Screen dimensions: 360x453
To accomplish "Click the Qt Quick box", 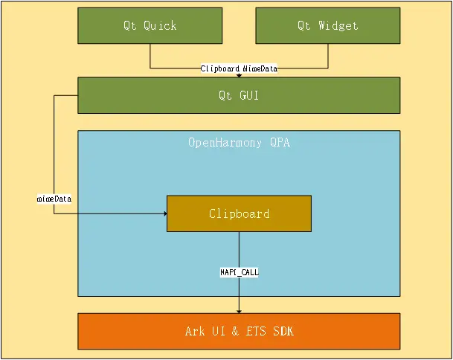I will coord(150,25).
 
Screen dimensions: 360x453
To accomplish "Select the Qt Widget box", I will coord(327,25).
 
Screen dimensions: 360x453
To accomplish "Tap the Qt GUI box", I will coord(239,95).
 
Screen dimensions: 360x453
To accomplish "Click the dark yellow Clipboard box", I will coord(239,213).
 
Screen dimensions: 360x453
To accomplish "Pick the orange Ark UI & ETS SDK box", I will coord(239,331).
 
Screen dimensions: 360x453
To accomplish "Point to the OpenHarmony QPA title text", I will coord(239,142).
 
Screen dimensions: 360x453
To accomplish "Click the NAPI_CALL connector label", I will coord(239,273).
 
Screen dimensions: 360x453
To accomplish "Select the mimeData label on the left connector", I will coord(54,199).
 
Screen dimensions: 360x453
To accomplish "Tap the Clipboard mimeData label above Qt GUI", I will coord(239,68).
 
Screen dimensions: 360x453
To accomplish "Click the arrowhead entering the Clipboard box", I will coord(164,213).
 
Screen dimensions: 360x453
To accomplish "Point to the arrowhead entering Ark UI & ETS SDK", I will coord(239,310).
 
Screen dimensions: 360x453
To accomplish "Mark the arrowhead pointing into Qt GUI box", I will coord(239,75).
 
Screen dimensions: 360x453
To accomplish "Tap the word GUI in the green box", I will coord(248,95).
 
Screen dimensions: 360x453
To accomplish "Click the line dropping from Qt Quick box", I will coord(150,56).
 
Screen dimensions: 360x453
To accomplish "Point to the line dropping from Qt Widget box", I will coord(327,56).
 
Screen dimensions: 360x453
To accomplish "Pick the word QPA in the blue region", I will coord(280,142).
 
